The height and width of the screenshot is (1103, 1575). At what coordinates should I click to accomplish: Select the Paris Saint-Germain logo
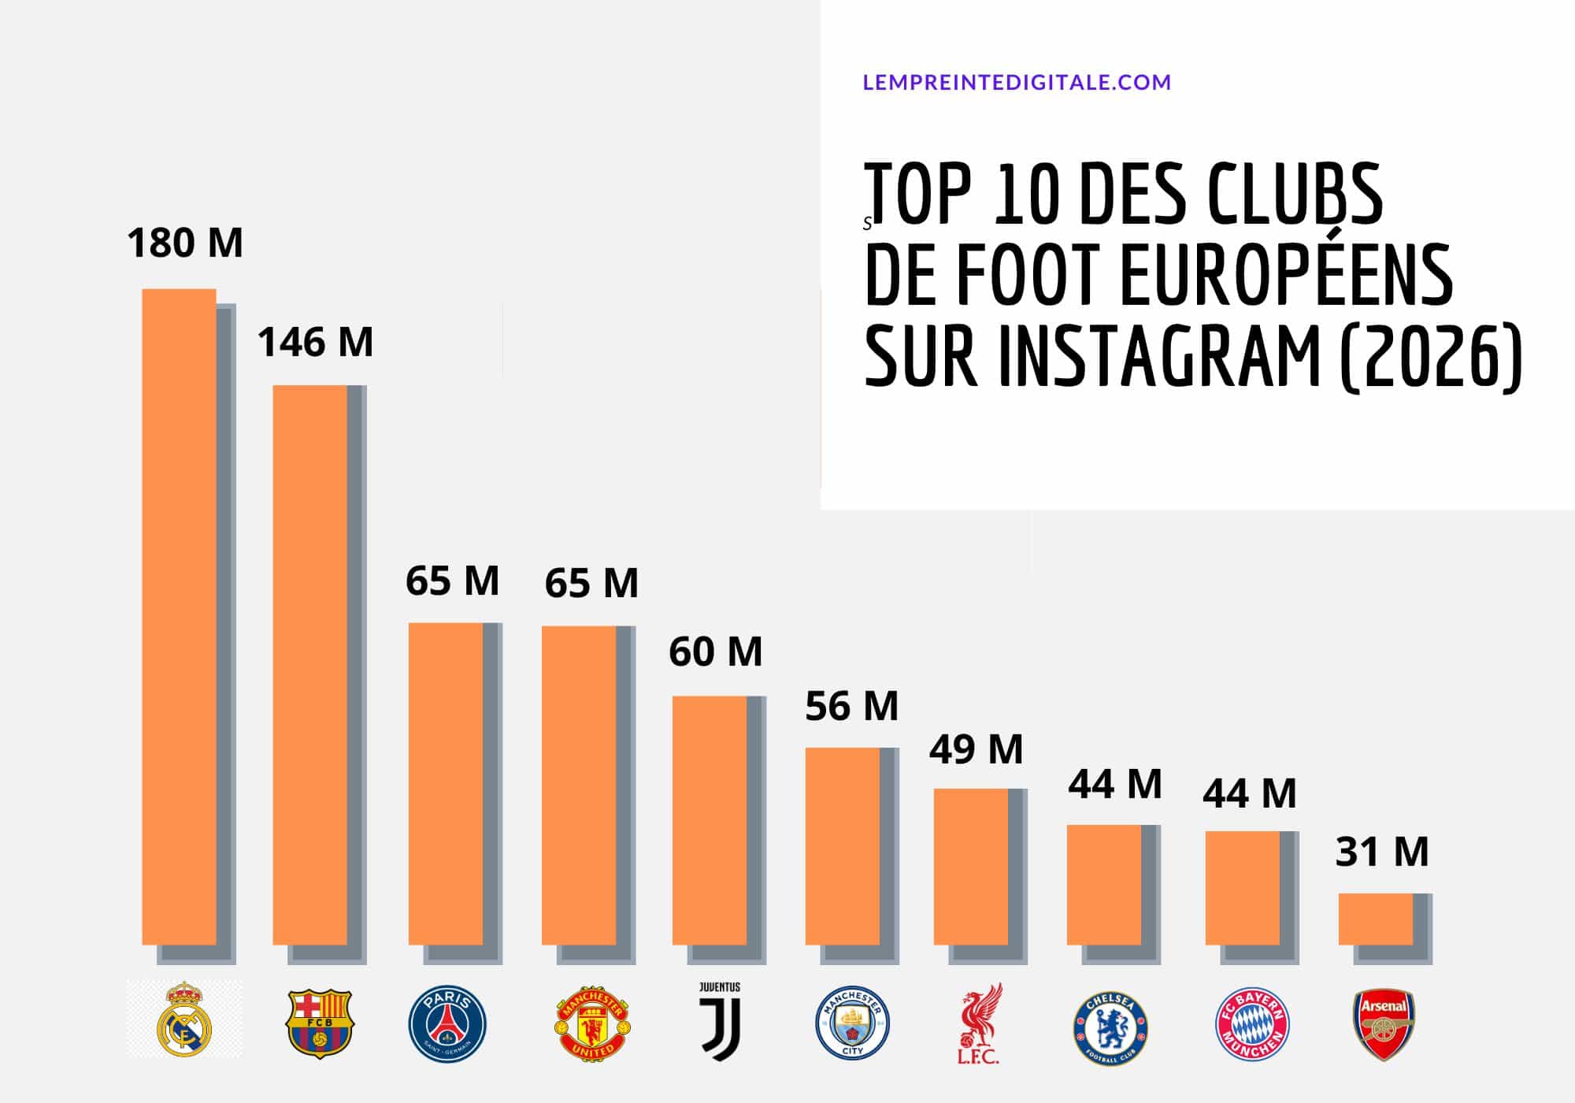pos(447,1023)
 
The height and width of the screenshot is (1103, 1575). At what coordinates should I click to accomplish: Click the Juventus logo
pos(721,1021)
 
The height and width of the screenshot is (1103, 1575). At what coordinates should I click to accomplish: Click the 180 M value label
pos(185,243)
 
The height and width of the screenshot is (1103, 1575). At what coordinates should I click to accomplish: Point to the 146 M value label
pos(315,343)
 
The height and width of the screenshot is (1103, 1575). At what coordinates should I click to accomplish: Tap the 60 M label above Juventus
pos(716,652)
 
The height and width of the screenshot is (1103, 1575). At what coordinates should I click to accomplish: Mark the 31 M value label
pos(1382,852)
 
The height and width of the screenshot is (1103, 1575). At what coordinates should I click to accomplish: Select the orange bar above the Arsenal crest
pos(1376,919)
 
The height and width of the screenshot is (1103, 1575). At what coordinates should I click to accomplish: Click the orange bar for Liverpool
pos(971,866)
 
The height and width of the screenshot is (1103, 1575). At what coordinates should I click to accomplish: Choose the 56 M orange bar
pos(843,845)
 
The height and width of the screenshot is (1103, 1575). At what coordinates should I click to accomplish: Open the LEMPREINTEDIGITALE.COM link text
pos(1017,82)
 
